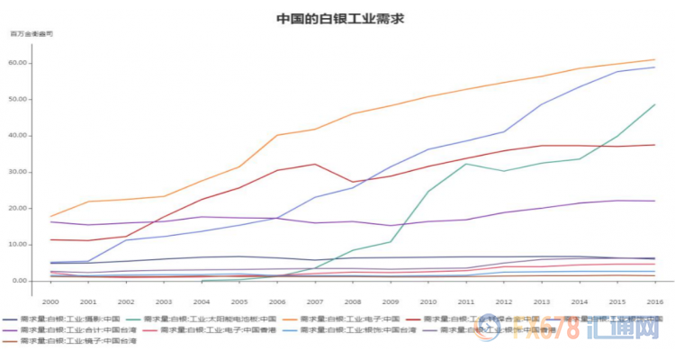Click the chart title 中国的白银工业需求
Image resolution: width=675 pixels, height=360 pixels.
pos(338,17)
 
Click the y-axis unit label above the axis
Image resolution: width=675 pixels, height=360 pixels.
pos(31,33)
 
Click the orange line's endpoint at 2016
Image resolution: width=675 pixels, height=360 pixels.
pos(654,60)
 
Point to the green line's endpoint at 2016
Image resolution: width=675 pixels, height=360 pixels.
pos(654,104)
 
